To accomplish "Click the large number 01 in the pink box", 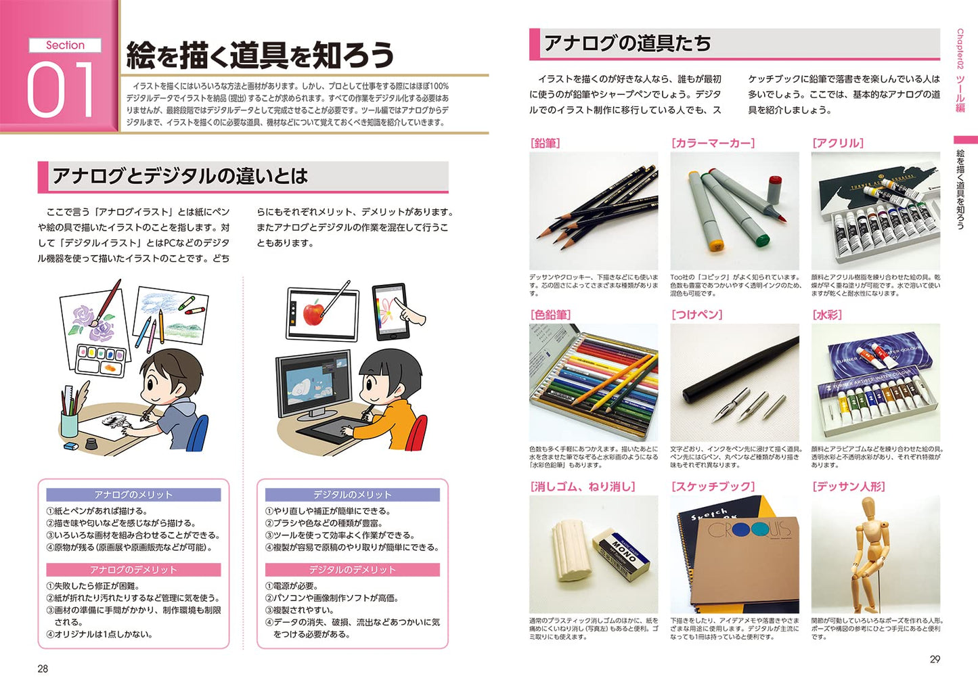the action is point(60,89).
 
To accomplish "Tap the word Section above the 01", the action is point(65,45).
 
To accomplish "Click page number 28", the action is point(43,668).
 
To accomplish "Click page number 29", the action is point(935,659).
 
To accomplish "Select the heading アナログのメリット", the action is point(133,495).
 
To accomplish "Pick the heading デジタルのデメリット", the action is point(353,570).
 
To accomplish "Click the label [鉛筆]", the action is point(545,143).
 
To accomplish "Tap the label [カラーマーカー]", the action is point(713,143).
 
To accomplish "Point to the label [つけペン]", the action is point(697,315).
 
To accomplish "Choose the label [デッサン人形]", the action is point(848,487).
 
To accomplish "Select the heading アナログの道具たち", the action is point(627,43).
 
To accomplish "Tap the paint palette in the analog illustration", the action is point(102,360).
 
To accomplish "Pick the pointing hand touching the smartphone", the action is point(409,313).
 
